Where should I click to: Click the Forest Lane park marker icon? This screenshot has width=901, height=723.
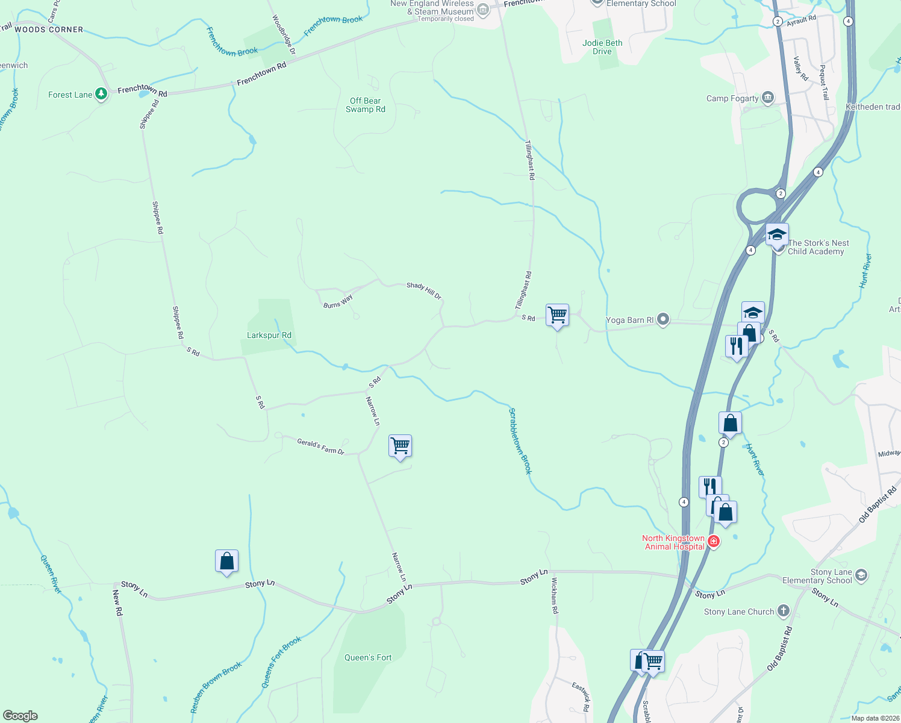pos(101,94)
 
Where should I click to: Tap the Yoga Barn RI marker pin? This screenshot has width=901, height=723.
pos(663,319)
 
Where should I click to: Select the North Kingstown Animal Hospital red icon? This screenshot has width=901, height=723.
pos(714,542)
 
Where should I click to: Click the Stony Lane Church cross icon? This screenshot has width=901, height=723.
pos(783,611)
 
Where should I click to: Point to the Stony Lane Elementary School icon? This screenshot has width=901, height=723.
pos(861,575)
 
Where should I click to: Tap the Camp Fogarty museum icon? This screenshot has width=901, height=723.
pos(767,98)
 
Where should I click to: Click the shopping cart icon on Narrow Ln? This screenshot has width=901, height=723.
pos(401,446)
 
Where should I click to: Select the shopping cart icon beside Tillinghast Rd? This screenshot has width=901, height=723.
pos(558,315)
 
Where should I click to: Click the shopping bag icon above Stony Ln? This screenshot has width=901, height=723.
pos(227,562)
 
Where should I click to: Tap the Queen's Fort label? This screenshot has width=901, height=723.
pos(368,657)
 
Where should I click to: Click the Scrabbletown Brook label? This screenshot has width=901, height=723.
pos(520,441)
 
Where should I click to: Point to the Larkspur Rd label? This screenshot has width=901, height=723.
pos(269,335)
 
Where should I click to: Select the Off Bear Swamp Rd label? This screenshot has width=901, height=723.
pos(366,105)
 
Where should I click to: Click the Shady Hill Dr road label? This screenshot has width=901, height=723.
pos(424,290)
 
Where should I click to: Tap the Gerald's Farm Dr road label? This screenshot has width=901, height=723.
pos(320,446)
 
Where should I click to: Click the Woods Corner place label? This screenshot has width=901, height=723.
pos(49,29)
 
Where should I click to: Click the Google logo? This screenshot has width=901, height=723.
pos(20,715)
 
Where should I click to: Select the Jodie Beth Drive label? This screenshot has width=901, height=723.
pos(602,47)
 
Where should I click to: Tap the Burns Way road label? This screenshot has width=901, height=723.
pos(338,301)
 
